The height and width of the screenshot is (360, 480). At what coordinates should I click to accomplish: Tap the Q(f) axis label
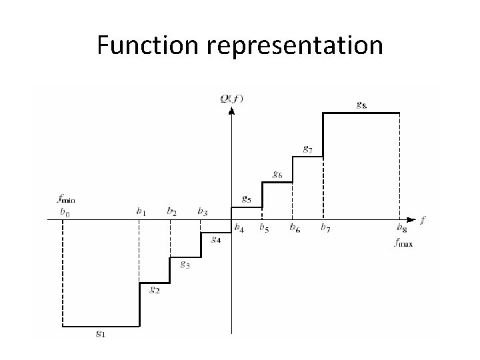click(231, 99)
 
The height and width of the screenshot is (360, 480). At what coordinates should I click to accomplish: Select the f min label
click(66, 198)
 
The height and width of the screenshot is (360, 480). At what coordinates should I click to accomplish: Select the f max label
click(403, 243)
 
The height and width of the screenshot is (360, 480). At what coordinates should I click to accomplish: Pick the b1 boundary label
click(141, 212)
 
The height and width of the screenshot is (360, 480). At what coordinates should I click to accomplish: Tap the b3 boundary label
click(202, 212)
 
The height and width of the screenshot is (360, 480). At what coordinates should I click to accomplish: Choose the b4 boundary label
click(239, 228)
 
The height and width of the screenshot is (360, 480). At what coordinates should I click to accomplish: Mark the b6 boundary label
click(294, 228)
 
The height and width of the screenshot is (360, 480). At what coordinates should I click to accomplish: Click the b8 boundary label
click(403, 228)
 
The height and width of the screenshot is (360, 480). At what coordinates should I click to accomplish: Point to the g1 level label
click(100, 334)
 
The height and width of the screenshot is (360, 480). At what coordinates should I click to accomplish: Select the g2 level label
click(154, 290)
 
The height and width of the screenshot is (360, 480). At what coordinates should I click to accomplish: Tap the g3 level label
click(185, 265)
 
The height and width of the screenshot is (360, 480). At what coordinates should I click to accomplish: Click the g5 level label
click(245, 199)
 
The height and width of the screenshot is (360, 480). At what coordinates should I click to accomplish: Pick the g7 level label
click(308, 148)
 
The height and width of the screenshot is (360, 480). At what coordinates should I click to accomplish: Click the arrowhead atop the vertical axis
click(231, 110)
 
